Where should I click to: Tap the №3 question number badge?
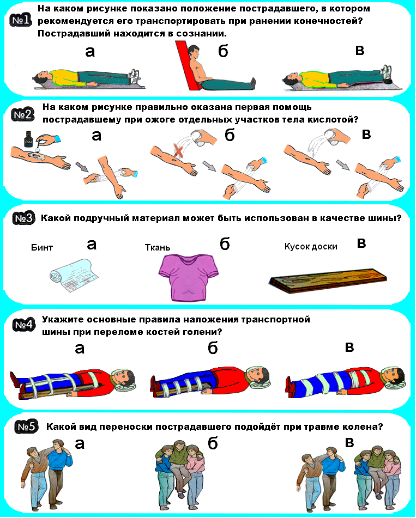(24, 219)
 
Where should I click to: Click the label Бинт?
(42, 248)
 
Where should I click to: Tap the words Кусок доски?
(311, 246)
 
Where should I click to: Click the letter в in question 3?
(361, 243)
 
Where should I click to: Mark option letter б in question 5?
(213, 443)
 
